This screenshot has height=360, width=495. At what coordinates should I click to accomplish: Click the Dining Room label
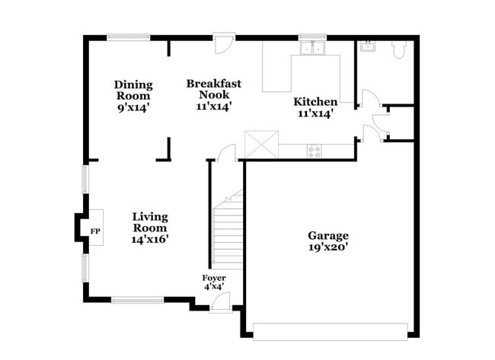pyautogui.click(x=133, y=91)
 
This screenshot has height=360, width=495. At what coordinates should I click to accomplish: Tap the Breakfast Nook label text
pyautogui.click(x=209, y=90)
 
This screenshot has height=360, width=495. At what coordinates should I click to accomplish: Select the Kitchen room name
pyautogui.click(x=315, y=102)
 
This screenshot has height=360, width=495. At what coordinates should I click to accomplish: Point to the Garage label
pyautogui.click(x=328, y=236)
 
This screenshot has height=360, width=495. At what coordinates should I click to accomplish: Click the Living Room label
pyautogui.click(x=150, y=222)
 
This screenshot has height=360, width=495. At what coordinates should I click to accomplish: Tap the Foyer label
pyautogui.click(x=213, y=278)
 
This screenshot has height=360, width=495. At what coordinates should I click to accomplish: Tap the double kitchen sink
pyautogui.click(x=311, y=49)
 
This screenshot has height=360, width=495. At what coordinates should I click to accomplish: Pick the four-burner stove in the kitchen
pyautogui.click(x=315, y=151)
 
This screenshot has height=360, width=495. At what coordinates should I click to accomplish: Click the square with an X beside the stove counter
pyautogui.click(x=257, y=144)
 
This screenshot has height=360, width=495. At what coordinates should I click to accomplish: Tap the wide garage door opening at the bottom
pyautogui.click(x=331, y=331)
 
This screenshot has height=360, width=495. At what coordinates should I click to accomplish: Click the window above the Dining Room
pyautogui.click(x=128, y=36)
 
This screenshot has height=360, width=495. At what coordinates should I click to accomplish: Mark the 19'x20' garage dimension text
pyautogui.click(x=328, y=247)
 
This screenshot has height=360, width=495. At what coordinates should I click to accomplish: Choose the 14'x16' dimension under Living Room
pyautogui.click(x=150, y=239)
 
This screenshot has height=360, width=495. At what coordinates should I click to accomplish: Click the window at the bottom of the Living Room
pyautogui.click(x=137, y=300)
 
